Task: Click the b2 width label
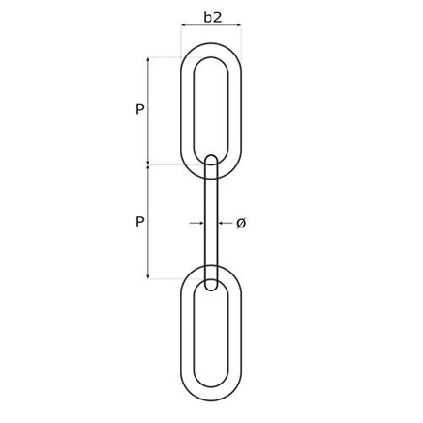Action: pos(211,16)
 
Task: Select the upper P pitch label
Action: pos(139,110)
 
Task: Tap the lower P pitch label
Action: pos(139,222)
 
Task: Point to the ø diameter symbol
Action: pos(241,223)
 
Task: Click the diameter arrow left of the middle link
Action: pos(195,223)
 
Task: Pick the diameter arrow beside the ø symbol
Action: pos(225,223)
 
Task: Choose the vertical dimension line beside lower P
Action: pos(148,222)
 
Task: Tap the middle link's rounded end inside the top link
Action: pos(211,160)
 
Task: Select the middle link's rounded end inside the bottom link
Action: pos(211,284)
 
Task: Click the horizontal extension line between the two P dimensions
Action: pos(164,165)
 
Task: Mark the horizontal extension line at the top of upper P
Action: pos(164,56)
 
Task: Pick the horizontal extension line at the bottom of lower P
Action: pos(164,278)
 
